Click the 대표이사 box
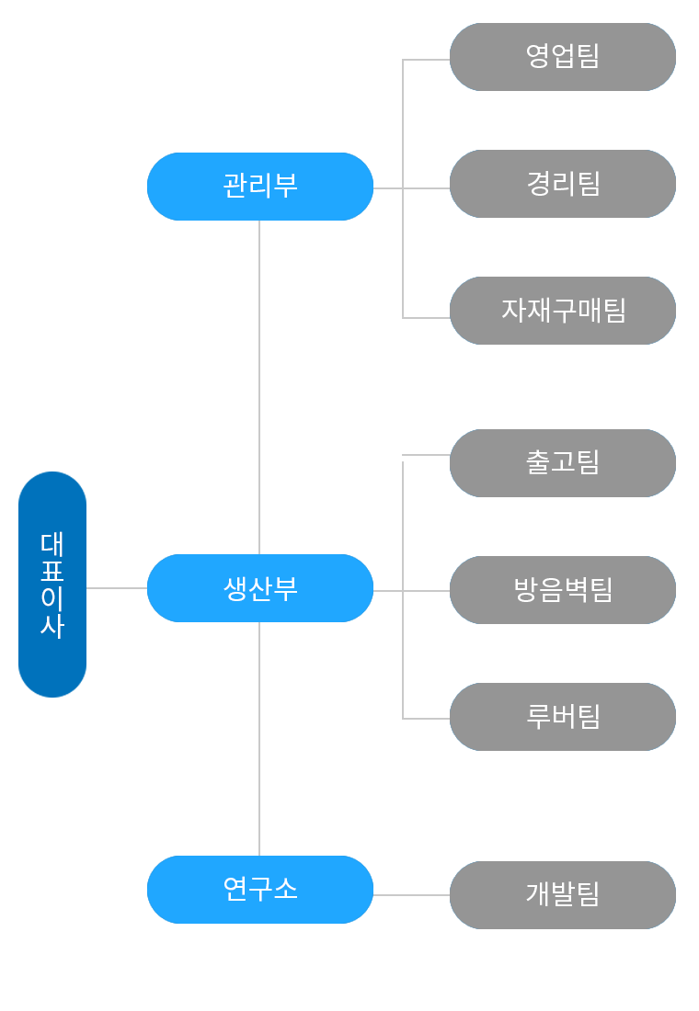click(52, 585)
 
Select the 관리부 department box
click(260, 187)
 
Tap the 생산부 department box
click(260, 588)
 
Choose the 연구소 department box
click(260, 890)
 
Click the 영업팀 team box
click(563, 57)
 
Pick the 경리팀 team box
click(563, 184)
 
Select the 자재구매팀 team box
click(563, 311)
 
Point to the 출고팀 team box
click(563, 463)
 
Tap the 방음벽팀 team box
click(563, 590)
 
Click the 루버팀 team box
click(563, 717)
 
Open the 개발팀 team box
click(563, 895)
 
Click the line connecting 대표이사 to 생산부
click(117, 588)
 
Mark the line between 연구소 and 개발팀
click(411, 895)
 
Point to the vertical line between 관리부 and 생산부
click(259, 386)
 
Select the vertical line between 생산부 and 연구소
click(259, 739)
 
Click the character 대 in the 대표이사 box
click(52, 544)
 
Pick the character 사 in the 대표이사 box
click(52, 626)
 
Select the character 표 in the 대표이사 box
click(52, 571)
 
